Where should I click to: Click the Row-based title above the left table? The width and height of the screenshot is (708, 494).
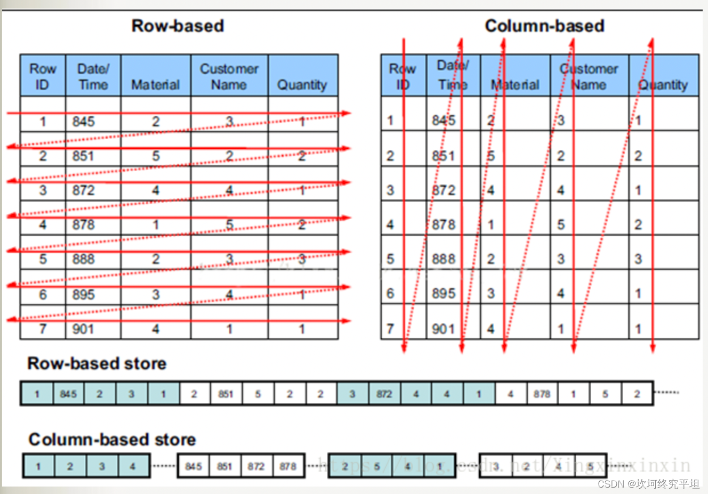pos(178,26)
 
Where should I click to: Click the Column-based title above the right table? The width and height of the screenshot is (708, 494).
pos(544,26)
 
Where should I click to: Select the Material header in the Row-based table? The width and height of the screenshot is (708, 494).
pos(155,84)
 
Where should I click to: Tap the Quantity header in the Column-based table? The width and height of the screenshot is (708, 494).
pos(663,84)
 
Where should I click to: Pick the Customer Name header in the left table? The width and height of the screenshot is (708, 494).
pos(229,76)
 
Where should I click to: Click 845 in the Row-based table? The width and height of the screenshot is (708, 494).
pos(84,122)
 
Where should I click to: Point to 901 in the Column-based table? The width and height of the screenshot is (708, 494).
pos(444,329)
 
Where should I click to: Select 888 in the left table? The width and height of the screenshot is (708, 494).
pos(84,259)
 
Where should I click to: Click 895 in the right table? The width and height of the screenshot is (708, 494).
pos(444,293)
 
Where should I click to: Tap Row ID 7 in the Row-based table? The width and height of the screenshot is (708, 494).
pos(43,329)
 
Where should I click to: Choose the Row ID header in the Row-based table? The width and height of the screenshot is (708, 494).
pos(43,76)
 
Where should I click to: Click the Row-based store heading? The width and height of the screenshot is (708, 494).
pos(96,363)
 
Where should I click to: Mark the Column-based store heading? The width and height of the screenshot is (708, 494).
pos(112,439)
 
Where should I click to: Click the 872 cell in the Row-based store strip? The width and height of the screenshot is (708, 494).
pos(384,394)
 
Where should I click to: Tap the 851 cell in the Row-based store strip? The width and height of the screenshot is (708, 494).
pos(226,394)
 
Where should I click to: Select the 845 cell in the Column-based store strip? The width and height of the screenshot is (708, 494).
pos(193,466)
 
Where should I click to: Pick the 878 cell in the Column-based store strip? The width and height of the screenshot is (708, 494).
pos(288,466)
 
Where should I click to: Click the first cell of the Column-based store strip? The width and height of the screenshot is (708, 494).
pos(38,466)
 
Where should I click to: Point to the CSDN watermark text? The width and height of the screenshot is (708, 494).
pos(648,483)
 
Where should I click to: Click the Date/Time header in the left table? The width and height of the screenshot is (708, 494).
pos(93,76)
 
